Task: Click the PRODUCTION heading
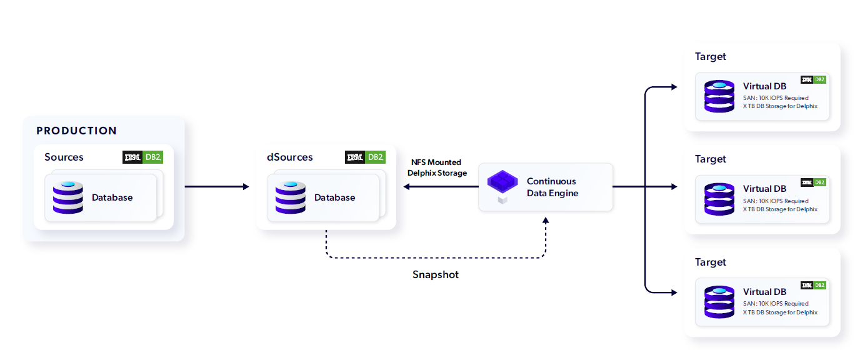(x=76, y=131)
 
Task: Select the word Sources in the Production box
(x=64, y=157)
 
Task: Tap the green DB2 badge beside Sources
(x=153, y=157)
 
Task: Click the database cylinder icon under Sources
(x=68, y=197)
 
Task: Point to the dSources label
(x=290, y=157)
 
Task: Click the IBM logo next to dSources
(x=355, y=157)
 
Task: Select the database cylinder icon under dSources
(x=291, y=197)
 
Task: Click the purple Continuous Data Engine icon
(x=503, y=185)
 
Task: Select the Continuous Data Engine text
(x=552, y=187)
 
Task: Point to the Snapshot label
(x=436, y=274)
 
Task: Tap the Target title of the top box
(x=711, y=56)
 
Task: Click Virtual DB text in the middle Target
(x=764, y=189)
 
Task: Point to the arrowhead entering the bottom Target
(x=673, y=292)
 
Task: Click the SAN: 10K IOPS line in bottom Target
(x=776, y=303)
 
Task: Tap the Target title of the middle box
(x=711, y=159)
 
